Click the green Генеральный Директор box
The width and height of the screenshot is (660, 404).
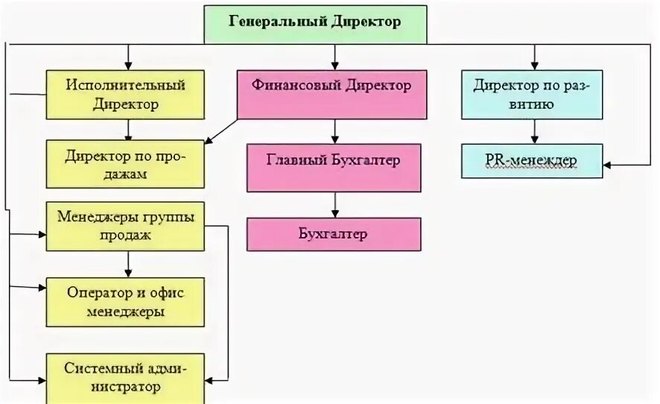[315, 22]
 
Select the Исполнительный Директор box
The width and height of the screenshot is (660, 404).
[125, 95]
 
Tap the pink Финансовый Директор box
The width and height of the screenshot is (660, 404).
[332, 95]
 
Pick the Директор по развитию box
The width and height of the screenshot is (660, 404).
[532, 95]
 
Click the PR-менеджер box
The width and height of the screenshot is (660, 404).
[532, 161]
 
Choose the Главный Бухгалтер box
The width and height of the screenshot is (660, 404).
[334, 168]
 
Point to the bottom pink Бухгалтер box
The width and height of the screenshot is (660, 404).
[334, 234]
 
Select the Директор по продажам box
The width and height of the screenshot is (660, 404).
[125, 164]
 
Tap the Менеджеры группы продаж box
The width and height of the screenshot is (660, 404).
[125, 226]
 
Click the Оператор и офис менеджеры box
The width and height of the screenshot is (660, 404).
[125, 302]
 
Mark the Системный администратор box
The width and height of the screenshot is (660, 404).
[125, 377]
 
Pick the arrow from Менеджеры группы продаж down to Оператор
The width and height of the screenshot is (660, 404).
[129, 264]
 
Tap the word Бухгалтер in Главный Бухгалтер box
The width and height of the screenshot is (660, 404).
[364, 160]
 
